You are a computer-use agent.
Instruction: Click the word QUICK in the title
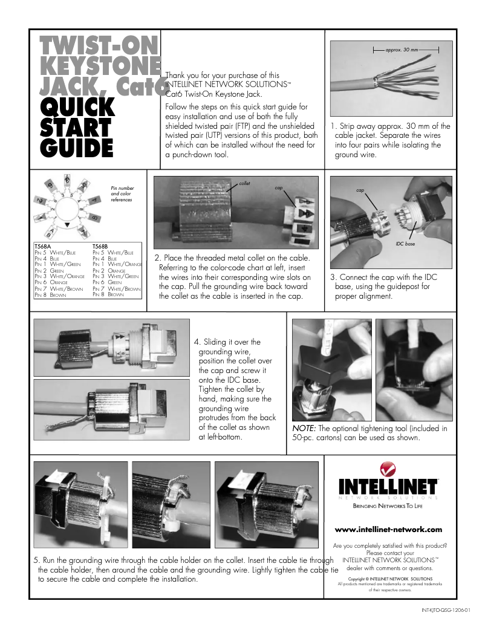[x=77, y=107]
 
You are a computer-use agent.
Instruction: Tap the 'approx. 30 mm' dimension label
[x=402, y=49]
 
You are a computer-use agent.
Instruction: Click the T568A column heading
[x=42, y=247]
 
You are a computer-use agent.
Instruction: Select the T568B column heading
[x=100, y=247]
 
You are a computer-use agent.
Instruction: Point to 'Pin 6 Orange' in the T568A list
[x=51, y=282]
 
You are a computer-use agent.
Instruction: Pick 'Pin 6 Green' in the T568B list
[x=109, y=282]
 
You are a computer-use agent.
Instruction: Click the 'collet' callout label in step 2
[x=244, y=183]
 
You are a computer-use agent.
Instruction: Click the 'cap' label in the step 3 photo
[x=360, y=190]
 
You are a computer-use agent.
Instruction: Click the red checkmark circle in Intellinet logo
[x=388, y=469]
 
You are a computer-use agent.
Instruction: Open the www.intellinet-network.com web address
[x=388, y=530]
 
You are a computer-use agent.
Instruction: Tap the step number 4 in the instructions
[x=196, y=342]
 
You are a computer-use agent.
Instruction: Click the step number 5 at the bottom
[x=36, y=560]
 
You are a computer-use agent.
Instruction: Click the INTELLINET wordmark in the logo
[x=388, y=487]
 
